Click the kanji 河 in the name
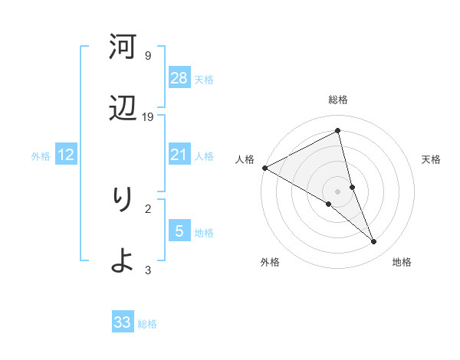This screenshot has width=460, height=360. click(122, 47)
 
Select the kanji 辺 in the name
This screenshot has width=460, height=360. click(122, 110)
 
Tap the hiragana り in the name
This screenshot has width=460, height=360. click(122, 200)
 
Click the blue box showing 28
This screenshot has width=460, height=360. click(179, 78)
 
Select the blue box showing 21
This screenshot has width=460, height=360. click(179, 155)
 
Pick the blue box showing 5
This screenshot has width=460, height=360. click(179, 231)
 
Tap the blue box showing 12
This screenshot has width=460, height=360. click(66, 155)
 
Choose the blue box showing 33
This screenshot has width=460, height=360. click(123, 322)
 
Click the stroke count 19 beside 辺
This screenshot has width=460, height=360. click(148, 117)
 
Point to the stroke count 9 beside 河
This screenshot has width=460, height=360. click(148, 56)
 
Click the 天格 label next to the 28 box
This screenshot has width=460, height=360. click(204, 80)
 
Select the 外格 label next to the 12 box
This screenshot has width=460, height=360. click(41, 156)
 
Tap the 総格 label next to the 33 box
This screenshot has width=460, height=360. click(147, 324)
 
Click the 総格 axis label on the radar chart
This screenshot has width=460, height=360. click(338, 100)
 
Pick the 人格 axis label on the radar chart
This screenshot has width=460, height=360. click(245, 159)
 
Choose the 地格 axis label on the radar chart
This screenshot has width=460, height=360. click(402, 262)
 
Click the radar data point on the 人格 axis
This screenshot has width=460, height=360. click(265, 168)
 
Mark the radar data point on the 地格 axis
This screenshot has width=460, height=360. click(374, 241)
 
